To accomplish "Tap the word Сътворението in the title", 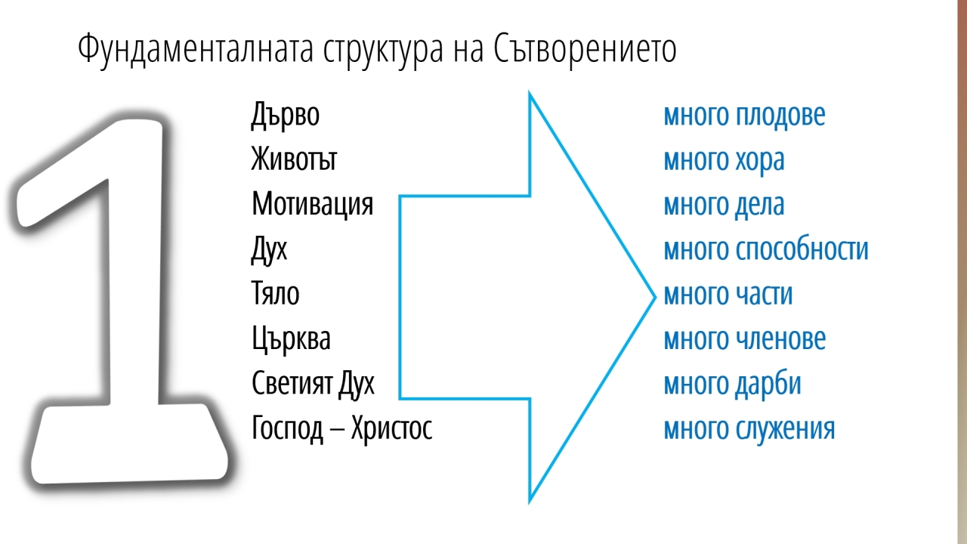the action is click(585, 48).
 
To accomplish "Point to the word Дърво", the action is click(286, 116).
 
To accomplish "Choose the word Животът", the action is click(294, 159).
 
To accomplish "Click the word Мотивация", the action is click(313, 205).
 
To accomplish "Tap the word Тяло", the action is click(276, 293).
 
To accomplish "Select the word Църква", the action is click(292, 339).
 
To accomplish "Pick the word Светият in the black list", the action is click(292, 383).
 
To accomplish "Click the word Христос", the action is click(391, 429).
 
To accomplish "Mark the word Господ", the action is click(288, 429).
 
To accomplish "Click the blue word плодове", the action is click(780, 116).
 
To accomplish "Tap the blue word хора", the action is click(760, 162).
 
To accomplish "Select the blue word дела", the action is click(760, 205).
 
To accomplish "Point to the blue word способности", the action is click(802, 249).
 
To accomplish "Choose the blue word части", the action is click(764, 295).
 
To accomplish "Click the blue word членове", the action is click(780, 339).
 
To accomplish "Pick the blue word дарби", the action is click(768, 384).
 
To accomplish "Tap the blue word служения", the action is click(785, 429).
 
